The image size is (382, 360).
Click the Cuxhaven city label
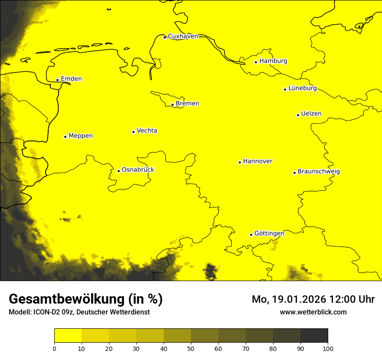click(x=183, y=36)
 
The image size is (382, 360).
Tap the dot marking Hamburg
click(x=256, y=62)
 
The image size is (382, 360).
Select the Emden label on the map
click(x=71, y=79)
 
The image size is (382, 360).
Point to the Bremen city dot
click(x=172, y=105)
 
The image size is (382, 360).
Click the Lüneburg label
click(x=302, y=88)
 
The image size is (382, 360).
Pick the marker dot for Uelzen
click(x=298, y=115)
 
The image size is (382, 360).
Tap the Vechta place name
click(x=147, y=131)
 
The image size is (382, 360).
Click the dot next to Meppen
click(x=65, y=137)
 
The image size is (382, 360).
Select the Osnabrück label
click(x=138, y=170)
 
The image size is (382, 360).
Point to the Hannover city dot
click(x=240, y=162)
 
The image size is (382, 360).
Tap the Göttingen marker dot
click(x=251, y=235)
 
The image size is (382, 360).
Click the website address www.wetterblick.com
click(x=313, y=312)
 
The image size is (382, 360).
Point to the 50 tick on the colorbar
click(x=191, y=348)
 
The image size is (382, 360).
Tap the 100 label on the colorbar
click(x=328, y=348)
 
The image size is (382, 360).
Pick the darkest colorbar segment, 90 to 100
click(x=314, y=336)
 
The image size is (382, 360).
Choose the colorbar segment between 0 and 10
click(x=68, y=336)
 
